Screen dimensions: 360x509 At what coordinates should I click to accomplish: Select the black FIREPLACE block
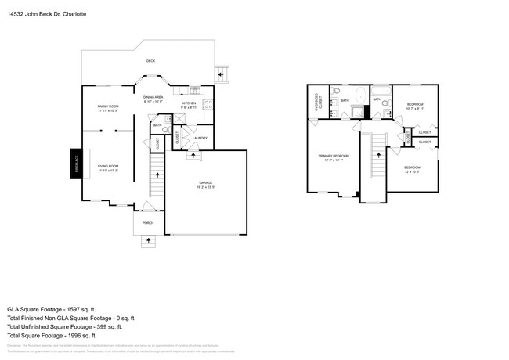77,164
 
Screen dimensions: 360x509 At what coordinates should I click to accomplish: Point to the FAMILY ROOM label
107,106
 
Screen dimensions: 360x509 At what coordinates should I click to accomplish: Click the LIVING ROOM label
107,166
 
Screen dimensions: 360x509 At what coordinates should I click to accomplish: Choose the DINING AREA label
153,97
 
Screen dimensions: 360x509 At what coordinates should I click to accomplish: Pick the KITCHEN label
189,103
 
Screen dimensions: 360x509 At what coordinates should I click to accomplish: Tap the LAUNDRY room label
200,138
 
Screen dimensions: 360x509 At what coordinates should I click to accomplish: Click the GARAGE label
205,182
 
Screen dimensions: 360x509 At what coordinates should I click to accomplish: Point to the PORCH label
147,223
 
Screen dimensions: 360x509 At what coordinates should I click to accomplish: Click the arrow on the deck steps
221,75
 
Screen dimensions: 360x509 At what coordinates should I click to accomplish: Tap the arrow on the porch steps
147,241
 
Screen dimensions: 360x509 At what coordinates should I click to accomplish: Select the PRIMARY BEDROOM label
333,157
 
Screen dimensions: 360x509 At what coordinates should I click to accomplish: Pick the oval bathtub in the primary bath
360,98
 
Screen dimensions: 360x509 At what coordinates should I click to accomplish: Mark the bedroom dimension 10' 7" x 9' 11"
415,109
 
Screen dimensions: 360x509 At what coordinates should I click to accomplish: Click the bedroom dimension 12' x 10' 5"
412,171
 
